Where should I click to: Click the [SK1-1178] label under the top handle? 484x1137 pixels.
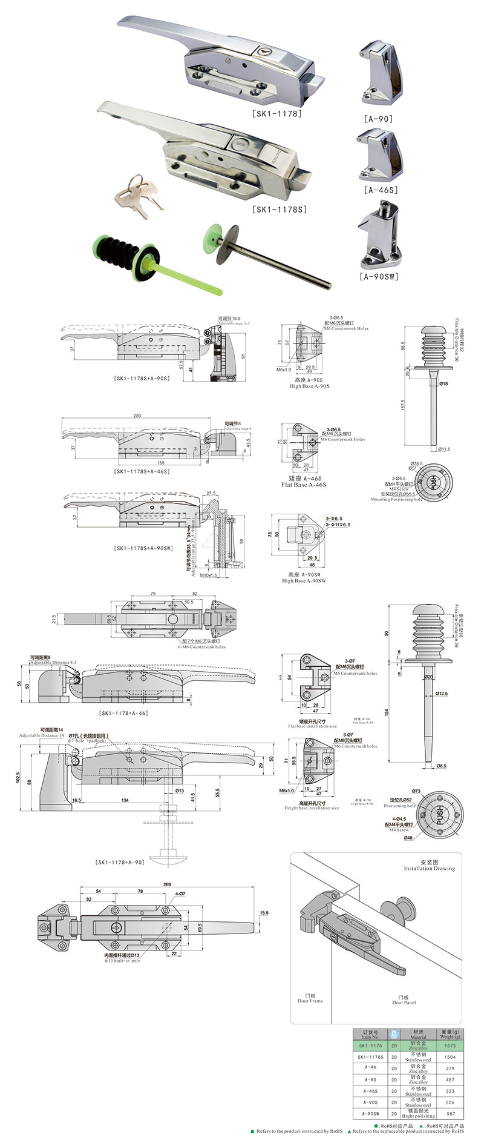pyautogui.click(x=276, y=113)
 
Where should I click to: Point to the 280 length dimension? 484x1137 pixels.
pyautogui.click(x=137, y=416)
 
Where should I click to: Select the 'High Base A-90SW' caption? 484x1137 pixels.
pyautogui.click(x=304, y=580)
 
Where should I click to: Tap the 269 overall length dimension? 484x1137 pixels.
pyautogui.click(x=168, y=884)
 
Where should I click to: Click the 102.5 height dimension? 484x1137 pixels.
pyautogui.click(x=19, y=777)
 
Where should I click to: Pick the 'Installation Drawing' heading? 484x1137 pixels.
pyautogui.click(x=430, y=868)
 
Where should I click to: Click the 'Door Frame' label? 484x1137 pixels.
pyautogui.click(x=310, y=1001)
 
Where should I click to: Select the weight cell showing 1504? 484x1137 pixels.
pyautogui.click(x=450, y=1056)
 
